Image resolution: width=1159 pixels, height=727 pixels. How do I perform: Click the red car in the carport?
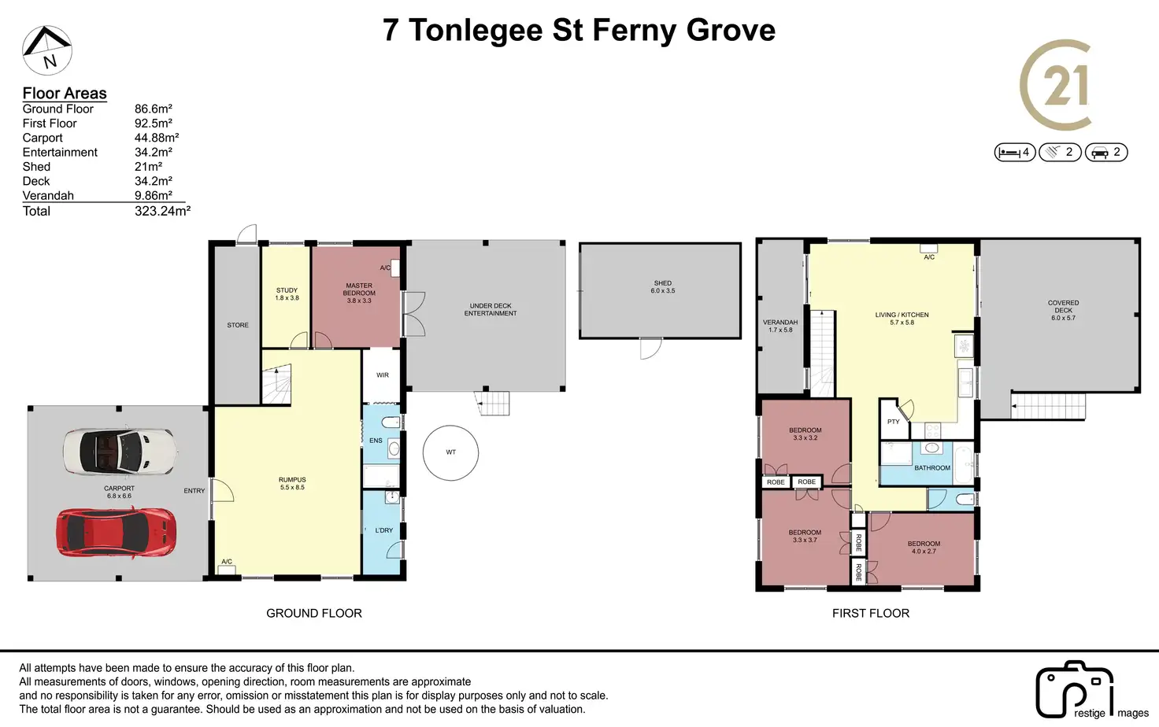[x=116, y=533]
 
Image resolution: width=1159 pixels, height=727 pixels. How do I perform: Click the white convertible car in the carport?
[x=120, y=451]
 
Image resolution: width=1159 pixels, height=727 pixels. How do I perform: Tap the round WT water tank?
[x=450, y=453]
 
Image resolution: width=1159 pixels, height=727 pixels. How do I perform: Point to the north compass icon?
[x=47, y=50]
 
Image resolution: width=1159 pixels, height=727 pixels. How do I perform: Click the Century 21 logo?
[x=1057, y=85]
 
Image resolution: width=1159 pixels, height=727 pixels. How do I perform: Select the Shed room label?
[x=663, y=287]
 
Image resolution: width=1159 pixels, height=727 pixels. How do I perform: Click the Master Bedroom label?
[x=359, y=293]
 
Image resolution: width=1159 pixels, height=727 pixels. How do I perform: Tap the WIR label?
[x=383, y=375]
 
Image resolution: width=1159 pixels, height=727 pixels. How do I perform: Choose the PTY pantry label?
[x=894, y=422]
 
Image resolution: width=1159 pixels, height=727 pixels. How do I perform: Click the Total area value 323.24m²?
[x=162, y=211]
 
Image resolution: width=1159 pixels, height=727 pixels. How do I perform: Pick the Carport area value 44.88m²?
[x=157, y=138]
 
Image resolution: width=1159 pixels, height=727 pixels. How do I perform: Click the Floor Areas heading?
[x=65, y=93]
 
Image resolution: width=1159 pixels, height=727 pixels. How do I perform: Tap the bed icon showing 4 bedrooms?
[x=1015, y=153]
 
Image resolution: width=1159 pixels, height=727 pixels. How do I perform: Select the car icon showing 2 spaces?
[x=1106, y=153]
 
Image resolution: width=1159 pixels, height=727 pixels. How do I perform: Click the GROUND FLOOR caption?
[x=314, y=613]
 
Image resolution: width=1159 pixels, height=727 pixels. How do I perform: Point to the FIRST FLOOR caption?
[x=871, y=613]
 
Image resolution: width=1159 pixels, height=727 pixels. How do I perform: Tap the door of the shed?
[x=651, y=349]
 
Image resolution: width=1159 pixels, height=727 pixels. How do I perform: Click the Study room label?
[x=287, y=294]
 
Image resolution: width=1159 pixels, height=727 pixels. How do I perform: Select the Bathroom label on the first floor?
[x=932, y=468]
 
